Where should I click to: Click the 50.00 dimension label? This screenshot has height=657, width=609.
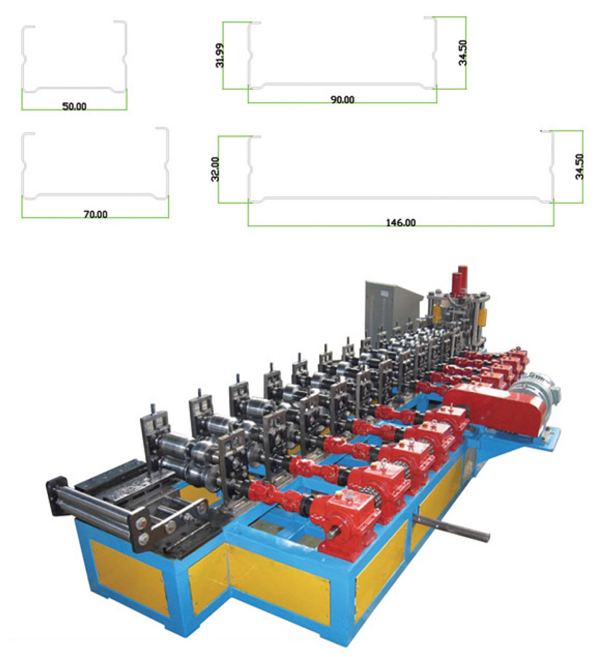point(74,106)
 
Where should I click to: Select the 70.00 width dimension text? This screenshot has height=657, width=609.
point(95,214)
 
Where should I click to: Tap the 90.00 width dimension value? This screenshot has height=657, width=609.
point(342,100)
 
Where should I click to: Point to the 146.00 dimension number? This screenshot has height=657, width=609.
point(400,222)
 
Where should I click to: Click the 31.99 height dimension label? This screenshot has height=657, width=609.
point(220,55)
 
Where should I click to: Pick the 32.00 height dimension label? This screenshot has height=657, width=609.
point(215,169)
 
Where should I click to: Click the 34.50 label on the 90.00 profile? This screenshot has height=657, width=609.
point(463,53)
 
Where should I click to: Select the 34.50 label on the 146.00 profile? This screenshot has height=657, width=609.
point(579,167)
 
